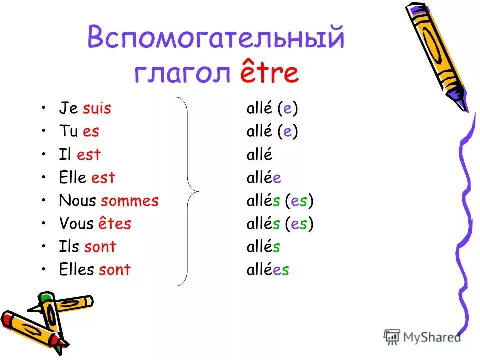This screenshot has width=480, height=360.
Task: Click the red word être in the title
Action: (270, 73)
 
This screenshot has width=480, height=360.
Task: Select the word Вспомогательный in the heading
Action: (216, 38)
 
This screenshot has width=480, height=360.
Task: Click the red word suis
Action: (97, 108)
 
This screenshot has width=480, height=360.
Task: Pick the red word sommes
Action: (130, 201)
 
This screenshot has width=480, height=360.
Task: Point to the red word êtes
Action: (114, 224)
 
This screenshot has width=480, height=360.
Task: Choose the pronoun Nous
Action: (78, 201)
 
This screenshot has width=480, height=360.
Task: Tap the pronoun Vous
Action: (76, 224)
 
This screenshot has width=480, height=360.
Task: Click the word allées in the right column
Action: (268, 270)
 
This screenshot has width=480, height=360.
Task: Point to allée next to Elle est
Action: (264, 177)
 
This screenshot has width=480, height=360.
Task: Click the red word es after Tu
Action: (91, 131)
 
